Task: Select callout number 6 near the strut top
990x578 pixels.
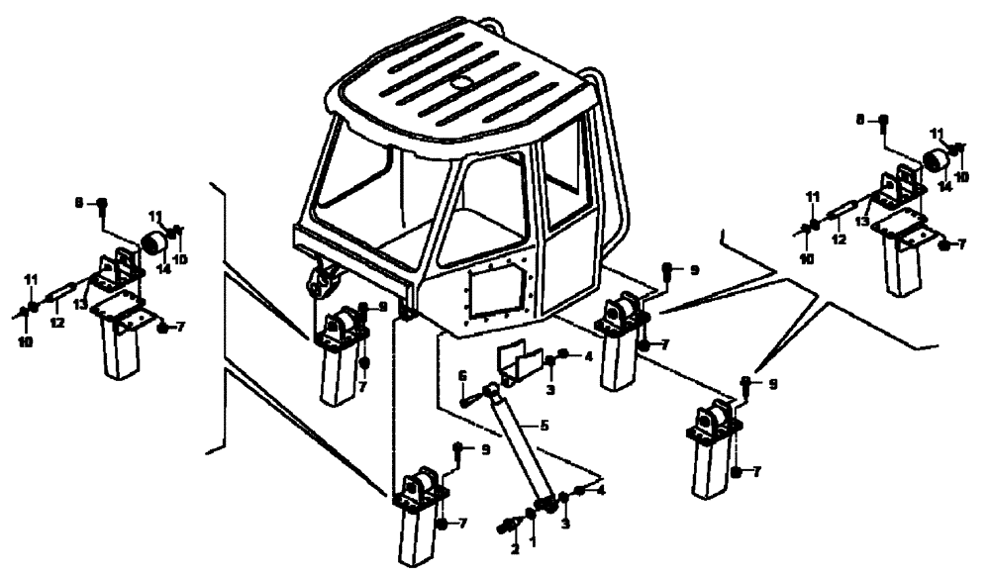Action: point(462,375)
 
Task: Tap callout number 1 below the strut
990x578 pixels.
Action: point(533,543)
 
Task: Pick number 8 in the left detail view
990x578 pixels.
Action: point(79,203)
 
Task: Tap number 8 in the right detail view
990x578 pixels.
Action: point(860,119)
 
